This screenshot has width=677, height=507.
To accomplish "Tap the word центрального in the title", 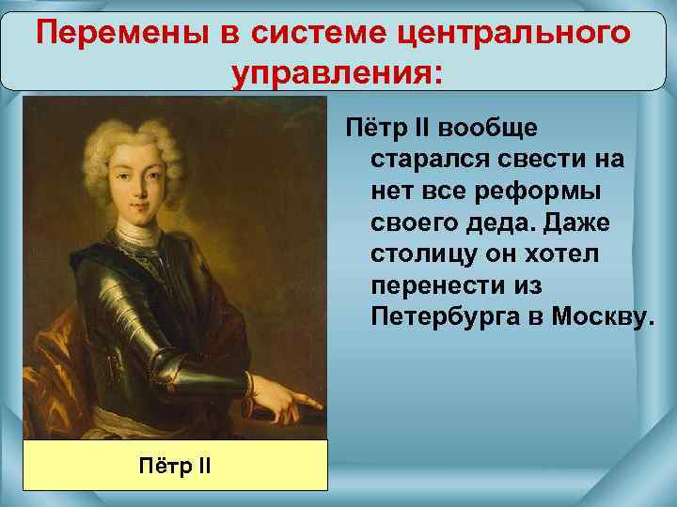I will coord(512,34).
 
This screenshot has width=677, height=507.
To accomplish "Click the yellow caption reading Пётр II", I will coord(175,464).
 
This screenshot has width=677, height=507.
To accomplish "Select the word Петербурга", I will coord(445,321).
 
